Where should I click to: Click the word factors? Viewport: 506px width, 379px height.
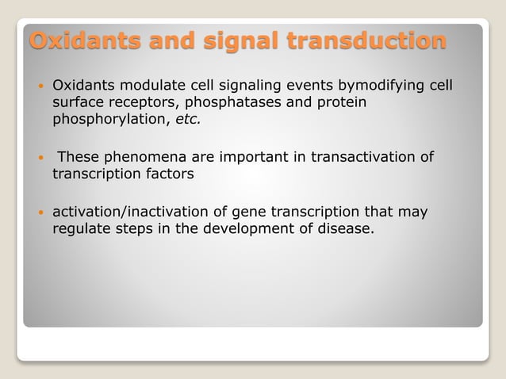click(166, 174)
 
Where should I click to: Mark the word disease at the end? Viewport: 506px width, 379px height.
click(347, 230)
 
